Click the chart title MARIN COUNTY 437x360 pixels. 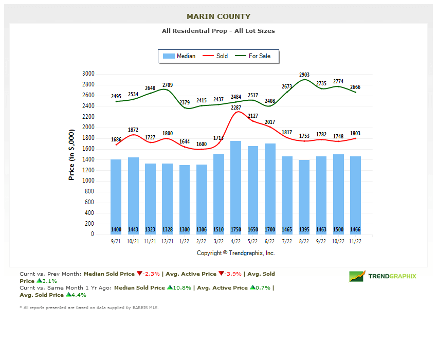219,16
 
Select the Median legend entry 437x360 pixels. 179,56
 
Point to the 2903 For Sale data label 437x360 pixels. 304,75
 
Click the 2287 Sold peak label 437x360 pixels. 236,107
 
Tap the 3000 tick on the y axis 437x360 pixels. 88,74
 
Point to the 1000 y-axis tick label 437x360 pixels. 88,181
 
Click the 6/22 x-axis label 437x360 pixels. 270,241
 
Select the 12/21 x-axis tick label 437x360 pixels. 168,241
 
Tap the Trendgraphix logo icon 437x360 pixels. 357,276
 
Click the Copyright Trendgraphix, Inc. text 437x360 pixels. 236,253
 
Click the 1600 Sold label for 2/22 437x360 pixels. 202,145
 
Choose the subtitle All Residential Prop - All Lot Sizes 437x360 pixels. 219,31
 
